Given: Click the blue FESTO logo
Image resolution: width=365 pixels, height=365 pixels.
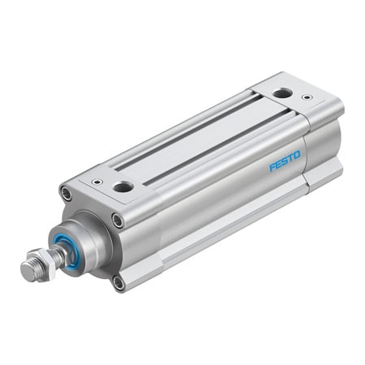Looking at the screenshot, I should pos(285,160).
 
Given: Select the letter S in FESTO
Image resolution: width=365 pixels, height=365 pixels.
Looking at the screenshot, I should pos(285,160).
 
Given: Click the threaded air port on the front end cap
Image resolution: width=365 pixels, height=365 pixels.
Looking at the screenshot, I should pos(123,187).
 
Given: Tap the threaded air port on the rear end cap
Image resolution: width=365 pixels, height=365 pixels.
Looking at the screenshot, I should pos(282,93).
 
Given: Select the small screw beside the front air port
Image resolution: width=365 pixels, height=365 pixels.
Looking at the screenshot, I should pos(97,182).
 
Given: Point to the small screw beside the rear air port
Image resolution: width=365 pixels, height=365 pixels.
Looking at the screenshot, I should pos(307,97).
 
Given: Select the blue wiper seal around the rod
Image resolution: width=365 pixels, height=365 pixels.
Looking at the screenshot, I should pos(69,250).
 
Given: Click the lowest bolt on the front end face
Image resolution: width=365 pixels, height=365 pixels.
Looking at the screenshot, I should pos(118,282).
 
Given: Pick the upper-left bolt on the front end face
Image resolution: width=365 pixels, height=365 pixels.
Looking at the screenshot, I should pos(66,193).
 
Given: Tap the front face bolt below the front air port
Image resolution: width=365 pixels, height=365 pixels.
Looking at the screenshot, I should pos(118,220).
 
